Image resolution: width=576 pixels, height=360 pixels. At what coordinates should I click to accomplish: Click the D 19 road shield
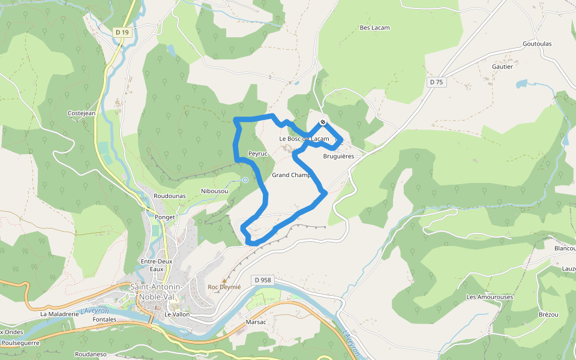(x=122, y=32)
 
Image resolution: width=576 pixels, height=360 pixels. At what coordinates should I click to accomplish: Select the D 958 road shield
(x=263, y=280)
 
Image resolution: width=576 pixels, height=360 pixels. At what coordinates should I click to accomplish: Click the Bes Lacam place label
(x=374, y=28)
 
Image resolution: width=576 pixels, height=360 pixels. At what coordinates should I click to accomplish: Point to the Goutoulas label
(x=537, y=44)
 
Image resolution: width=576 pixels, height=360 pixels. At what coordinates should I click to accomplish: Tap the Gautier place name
(x=502, y=67)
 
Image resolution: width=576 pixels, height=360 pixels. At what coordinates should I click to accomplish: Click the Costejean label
(x=82, y=113)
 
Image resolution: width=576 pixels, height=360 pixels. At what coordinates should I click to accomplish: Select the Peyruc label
(x=257, y=154)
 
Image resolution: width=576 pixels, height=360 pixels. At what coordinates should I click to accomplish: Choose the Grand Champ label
(x=291, y=175)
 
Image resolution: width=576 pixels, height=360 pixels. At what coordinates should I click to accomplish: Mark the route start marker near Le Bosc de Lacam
(x=323, y=122)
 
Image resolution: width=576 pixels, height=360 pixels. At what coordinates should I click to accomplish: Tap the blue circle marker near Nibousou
(x=245, y=179)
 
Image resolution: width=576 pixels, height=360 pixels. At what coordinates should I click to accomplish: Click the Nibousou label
(x=214, y=191)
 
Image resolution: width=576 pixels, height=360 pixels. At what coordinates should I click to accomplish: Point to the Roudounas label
(x=169, y=196)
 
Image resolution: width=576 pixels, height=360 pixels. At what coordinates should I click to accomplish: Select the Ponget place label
(x=164, y=217)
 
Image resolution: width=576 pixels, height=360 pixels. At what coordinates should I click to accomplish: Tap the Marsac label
(x=256, y=322)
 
